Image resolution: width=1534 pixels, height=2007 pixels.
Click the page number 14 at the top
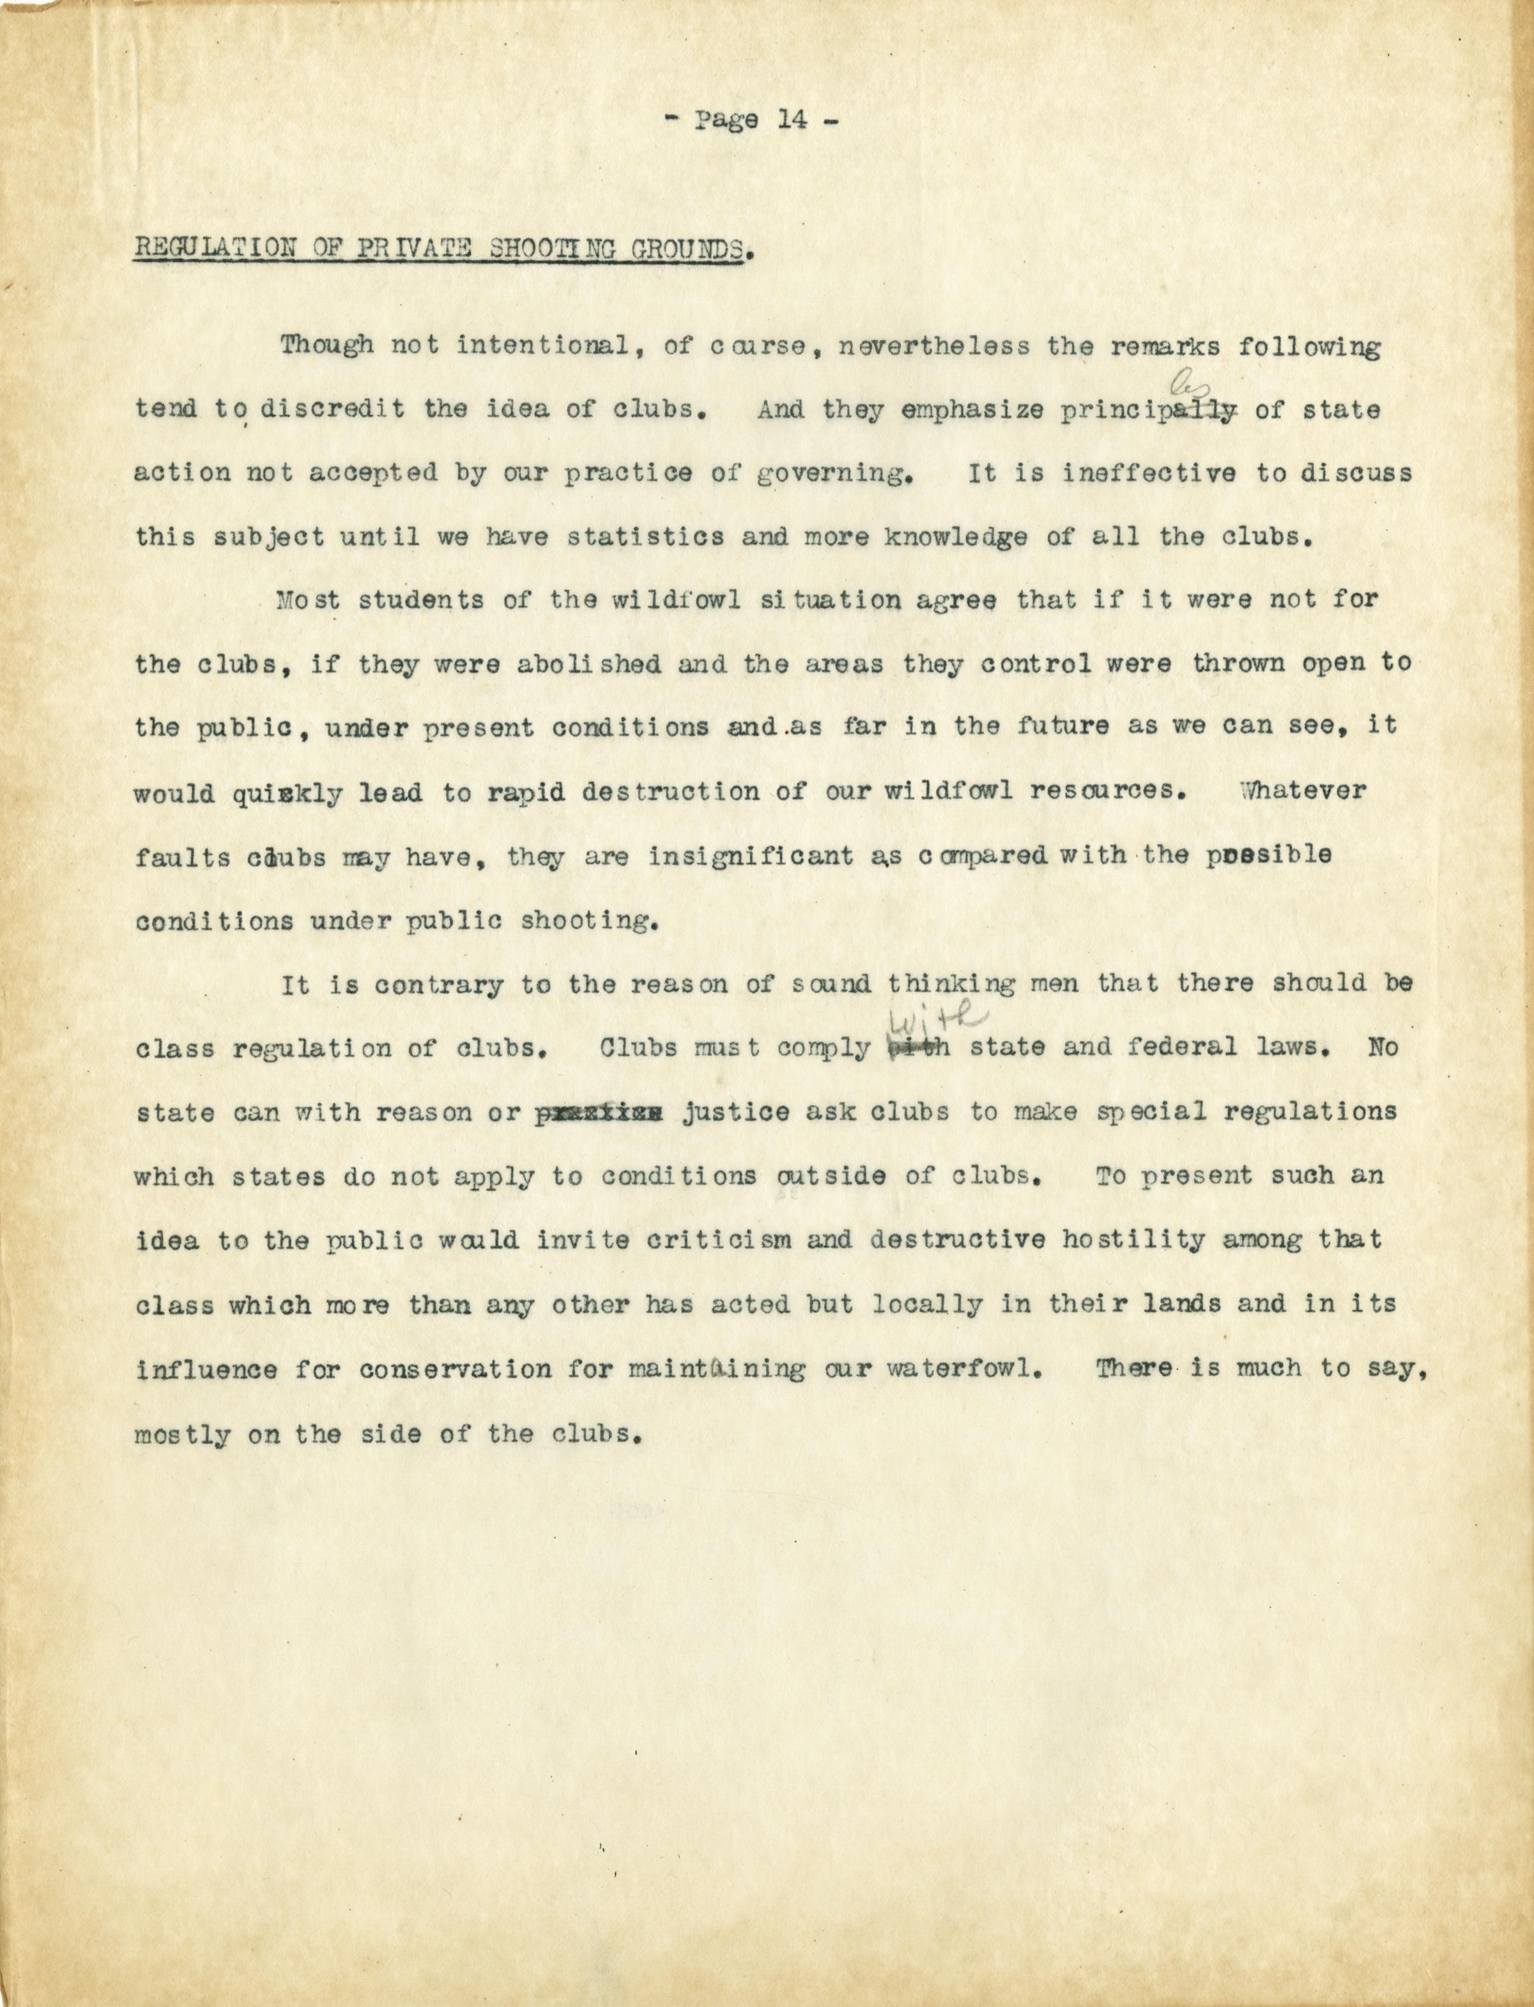(791, 121)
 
